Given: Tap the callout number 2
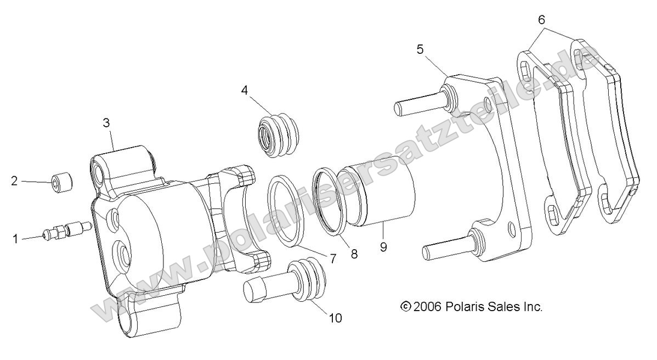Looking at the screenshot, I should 15,181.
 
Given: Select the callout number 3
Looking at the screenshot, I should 106,122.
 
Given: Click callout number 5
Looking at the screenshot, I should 420,49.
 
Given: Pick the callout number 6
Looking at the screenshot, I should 541,20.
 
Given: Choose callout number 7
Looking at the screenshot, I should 333,256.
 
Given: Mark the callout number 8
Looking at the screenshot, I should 354,254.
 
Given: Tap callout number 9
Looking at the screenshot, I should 383,247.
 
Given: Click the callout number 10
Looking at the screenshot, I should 335,318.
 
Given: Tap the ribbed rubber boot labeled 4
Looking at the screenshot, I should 277,134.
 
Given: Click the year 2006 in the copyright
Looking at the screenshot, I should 428,307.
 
